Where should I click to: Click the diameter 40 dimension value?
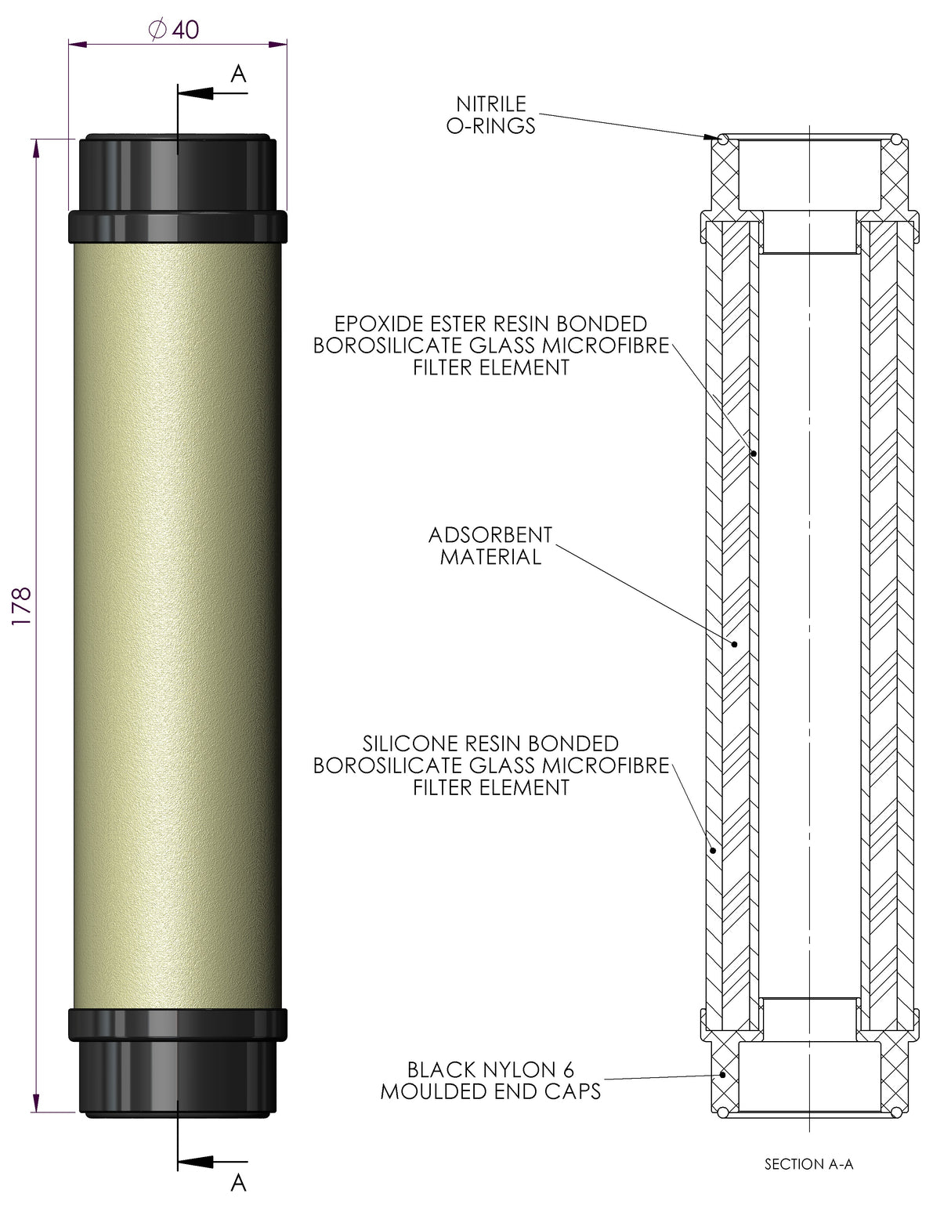[186, 30]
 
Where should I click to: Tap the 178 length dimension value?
[21, 605]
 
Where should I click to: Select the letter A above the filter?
[239, 74]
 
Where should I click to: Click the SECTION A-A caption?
[808, 1164]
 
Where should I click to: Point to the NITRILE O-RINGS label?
[491, 114]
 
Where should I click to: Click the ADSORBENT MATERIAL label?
[490, 546]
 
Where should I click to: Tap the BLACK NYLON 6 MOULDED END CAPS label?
[490, 1080]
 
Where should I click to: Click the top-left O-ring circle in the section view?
[722, 140]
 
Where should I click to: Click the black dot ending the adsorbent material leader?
[735, 644]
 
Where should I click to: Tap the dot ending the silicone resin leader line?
[713, 849]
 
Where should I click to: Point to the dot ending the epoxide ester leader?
[754, 453]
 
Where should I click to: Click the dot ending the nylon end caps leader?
[723, 1075]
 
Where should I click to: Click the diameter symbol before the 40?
[157, 30]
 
